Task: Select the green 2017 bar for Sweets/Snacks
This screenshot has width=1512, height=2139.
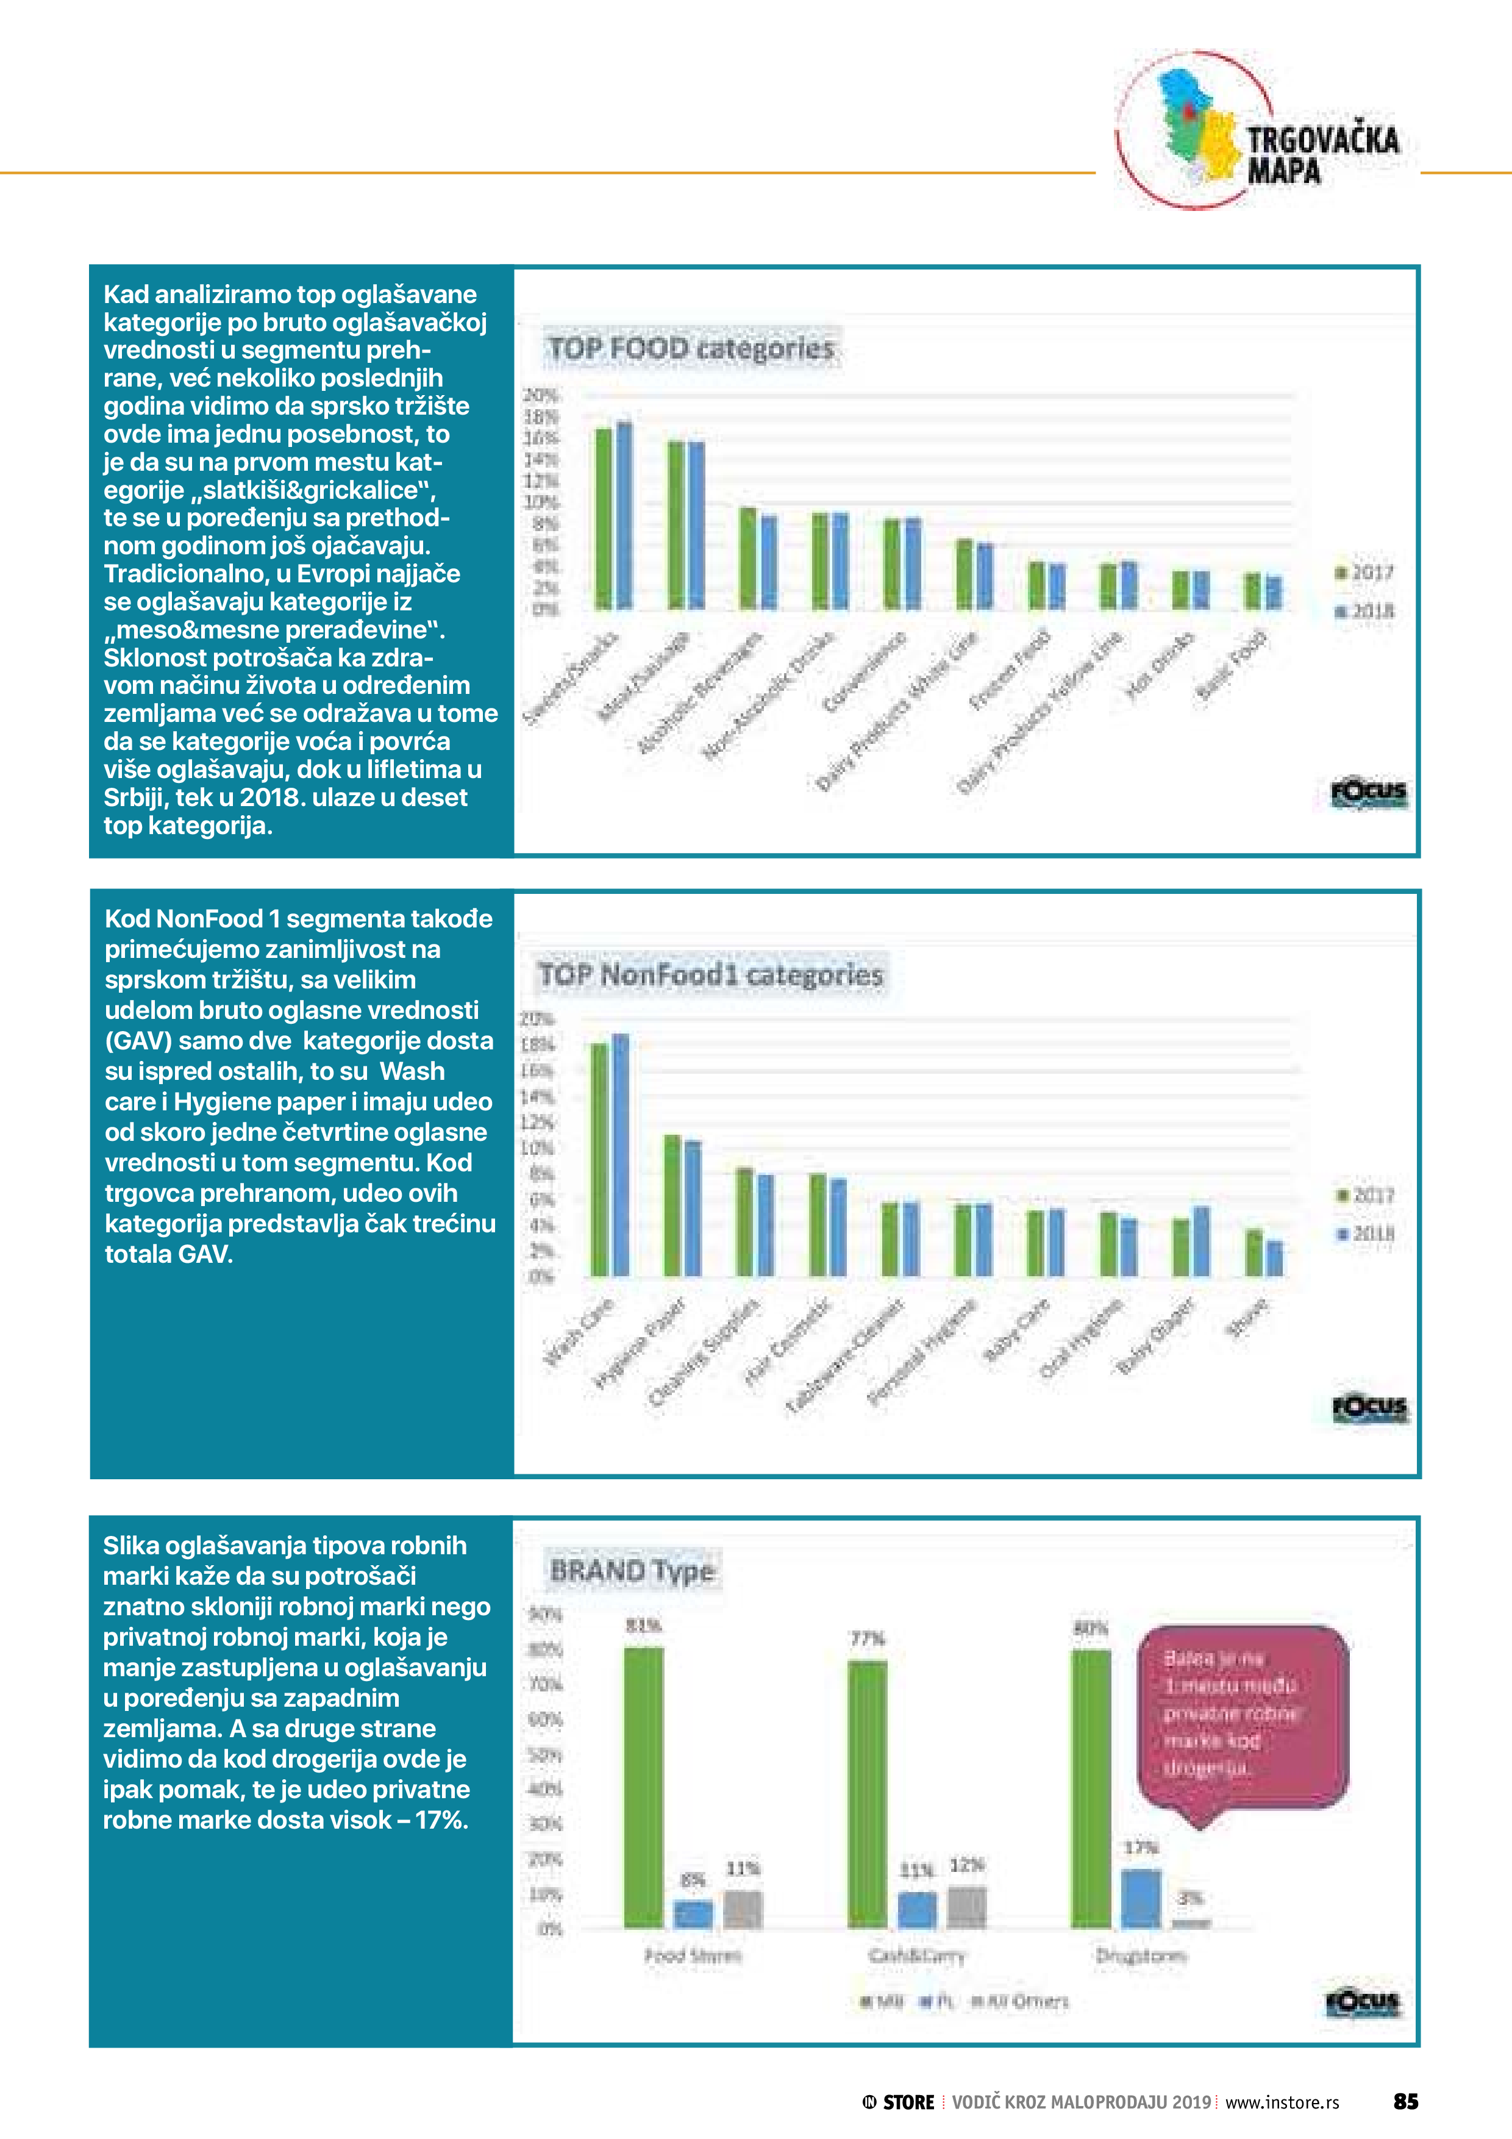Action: coord(604,519)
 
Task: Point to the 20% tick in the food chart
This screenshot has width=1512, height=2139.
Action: coord(540,395)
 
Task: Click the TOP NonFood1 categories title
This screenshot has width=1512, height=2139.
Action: coord(710,974)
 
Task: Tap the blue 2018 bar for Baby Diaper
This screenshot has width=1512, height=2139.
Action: coord(1202,1242)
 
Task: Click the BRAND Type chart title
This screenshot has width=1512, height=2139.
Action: coord(632,1571)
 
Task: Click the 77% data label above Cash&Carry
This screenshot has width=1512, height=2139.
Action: coord(868,1638)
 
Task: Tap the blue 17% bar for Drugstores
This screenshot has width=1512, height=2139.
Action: coord(1140,1898)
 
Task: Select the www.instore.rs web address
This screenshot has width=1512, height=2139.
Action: coord(1282,2102)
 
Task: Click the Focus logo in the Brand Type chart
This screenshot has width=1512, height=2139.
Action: coord(1363,2002)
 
